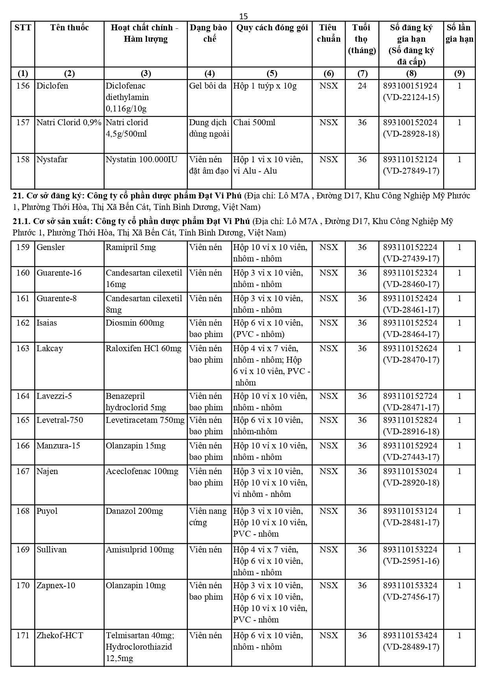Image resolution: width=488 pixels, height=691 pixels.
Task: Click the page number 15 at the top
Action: [x=243, y=16]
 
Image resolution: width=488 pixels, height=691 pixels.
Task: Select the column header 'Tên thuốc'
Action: [x=69, y=28]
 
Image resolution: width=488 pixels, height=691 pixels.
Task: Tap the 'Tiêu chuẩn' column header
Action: [x=328, y=33]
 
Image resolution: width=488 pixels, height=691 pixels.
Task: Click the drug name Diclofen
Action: [x=52, y=86]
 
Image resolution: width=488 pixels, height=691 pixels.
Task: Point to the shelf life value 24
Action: [x=362, y=86]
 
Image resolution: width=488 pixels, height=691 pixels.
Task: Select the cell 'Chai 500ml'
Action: [x=254, y=122]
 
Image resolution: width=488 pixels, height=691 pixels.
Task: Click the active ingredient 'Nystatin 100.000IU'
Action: [x=142, y=159]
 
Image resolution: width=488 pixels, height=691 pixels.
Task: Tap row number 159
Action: [x=23, y=247]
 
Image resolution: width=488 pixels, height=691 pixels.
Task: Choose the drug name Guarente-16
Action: [x=59, y=273]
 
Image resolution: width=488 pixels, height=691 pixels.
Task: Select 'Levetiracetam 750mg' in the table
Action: [x=145, y=420]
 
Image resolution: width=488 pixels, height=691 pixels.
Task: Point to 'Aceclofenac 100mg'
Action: [x=142, y=471]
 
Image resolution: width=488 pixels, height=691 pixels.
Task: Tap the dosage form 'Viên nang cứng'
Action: [x=208, y=517]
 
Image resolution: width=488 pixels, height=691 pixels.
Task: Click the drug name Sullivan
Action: [x=52, y=550]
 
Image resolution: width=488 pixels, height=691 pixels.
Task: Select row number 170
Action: [x=23, y=585]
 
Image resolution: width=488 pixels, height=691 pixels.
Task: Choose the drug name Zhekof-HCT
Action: [x=60, y=635]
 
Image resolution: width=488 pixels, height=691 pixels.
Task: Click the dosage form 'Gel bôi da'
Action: [x=208, y=86]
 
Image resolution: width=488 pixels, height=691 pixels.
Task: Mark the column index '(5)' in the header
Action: [x=272, y=74]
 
